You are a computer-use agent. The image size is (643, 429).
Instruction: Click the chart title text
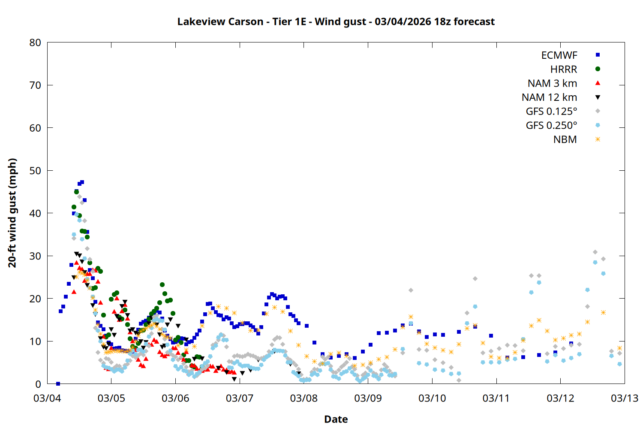point(336,21)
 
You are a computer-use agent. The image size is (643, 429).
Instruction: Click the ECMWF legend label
point(559,55)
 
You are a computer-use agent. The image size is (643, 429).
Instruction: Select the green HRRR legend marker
point(598,69)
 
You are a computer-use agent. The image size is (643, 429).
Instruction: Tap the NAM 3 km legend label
point(552,83)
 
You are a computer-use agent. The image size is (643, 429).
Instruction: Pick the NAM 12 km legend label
point(549,97)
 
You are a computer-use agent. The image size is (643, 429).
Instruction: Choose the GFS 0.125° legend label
point(551,112)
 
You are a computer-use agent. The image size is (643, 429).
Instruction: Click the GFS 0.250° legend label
point(551,126)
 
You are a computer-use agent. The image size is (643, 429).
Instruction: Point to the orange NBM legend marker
point(598,139)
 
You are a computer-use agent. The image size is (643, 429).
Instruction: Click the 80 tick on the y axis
point(36,42)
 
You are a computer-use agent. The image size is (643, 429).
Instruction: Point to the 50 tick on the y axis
point(36,170)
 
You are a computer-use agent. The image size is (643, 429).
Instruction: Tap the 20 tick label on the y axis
point(36,299)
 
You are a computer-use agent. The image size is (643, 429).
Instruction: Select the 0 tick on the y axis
point(39,384)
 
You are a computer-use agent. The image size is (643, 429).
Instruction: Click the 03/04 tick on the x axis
point(47,398)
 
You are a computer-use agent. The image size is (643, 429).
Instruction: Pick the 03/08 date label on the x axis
point(304,398)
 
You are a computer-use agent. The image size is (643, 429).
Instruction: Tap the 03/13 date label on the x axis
point(625,398)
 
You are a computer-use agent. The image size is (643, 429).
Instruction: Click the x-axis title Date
point(336,419)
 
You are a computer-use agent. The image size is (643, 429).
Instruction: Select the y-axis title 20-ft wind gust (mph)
point(12,213)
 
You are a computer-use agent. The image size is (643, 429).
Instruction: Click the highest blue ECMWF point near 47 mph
point(82,182)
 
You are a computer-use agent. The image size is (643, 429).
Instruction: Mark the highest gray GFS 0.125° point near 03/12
point(595,252)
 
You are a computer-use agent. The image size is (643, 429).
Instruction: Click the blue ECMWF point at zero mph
point(58,384)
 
